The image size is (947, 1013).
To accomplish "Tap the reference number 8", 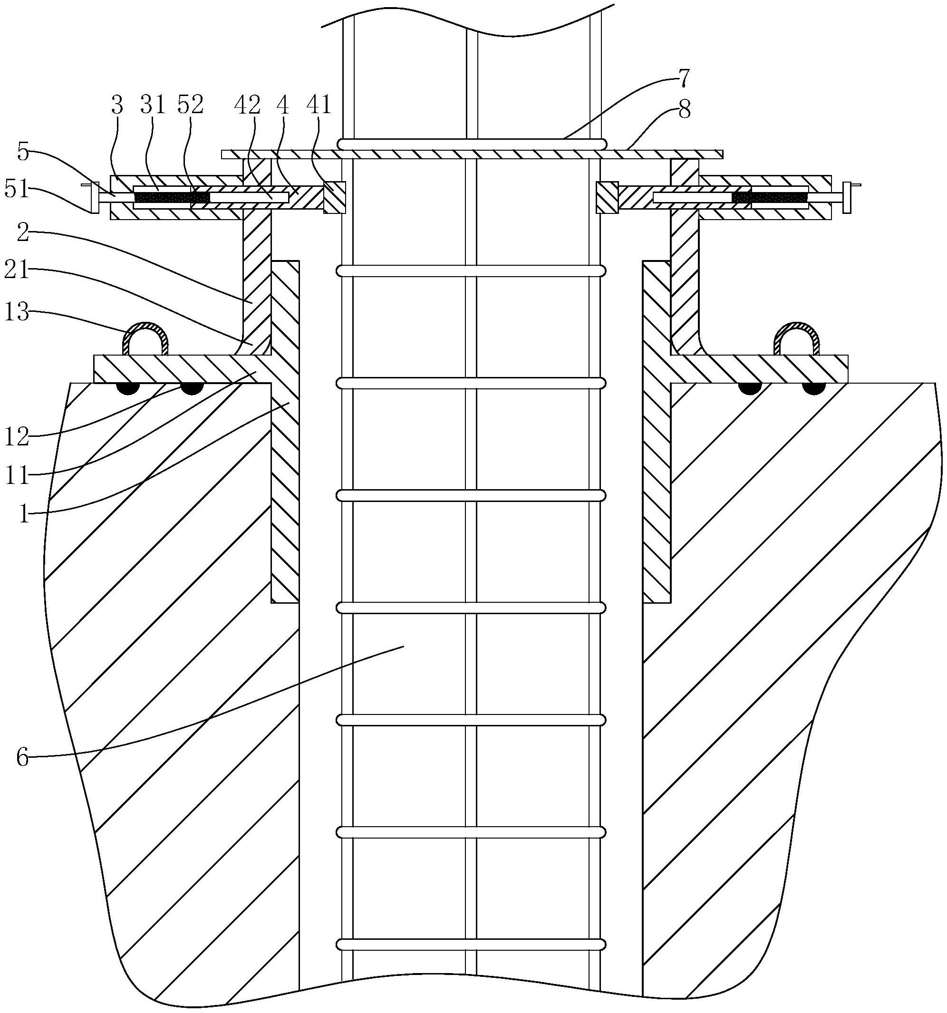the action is [x=684, y=109].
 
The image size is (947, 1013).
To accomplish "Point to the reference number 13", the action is [x=17, y=311].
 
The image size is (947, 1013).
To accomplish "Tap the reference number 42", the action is [x=247, y=106].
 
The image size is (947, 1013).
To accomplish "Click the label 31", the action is [x=153, y=106].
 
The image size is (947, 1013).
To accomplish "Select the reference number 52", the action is [x=191, y=106].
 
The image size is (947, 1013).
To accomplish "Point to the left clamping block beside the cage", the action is [x=334, y=197].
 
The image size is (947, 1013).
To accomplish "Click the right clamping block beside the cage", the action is [x=607, y=197].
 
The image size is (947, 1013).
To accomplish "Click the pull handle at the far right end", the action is [x=848, y=197].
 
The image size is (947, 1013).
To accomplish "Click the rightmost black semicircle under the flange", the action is [x=813, y=388].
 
